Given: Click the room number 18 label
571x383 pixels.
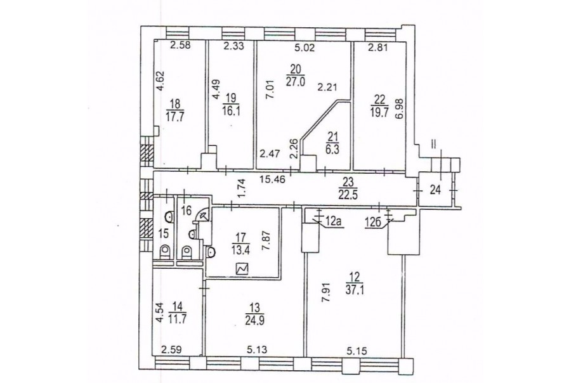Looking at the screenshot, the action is (x=175, y=103).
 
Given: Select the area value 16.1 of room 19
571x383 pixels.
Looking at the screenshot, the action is (x=231, y=110).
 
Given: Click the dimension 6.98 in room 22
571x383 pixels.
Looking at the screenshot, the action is (x=400, y=119).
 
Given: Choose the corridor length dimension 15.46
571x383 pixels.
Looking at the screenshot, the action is (x=272, y=179).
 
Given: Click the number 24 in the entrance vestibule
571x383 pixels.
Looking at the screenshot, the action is (x=436, y=190).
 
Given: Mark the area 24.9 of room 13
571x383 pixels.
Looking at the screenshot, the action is (x=254, y=320).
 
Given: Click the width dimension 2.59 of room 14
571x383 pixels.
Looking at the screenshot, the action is (x=171, y=350).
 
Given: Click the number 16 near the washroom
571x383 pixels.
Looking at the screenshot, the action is (x=186, y=210).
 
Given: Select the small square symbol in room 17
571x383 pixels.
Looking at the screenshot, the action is (x=242, y=269).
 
